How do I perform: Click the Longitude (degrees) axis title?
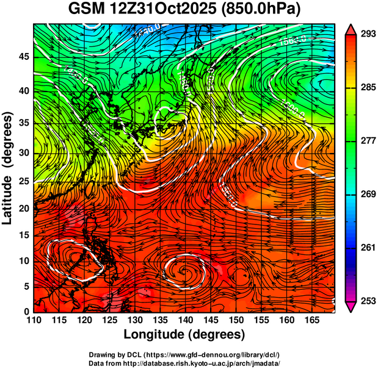[184, 335]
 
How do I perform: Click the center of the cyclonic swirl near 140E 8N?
[184, 268]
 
